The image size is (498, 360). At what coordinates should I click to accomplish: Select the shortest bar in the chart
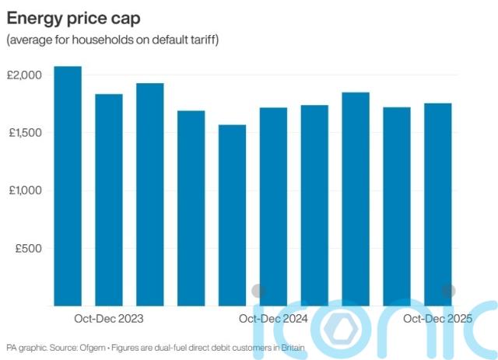(232, 215)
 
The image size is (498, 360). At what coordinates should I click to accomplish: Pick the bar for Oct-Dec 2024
(273, 206)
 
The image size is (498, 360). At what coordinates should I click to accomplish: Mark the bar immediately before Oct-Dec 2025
(396, 206)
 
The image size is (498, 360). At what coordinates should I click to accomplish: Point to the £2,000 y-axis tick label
(25, 75)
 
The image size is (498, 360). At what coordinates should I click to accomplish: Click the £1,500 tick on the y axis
(25, 133)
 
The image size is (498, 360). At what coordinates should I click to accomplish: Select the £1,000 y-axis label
(25, 190)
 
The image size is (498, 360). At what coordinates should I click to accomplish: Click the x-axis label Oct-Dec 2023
(109, 319)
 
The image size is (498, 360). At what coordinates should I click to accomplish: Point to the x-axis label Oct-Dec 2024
(273, 319)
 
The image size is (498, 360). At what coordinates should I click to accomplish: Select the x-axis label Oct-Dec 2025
(438, 319)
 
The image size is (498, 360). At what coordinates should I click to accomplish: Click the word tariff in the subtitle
(198, 40)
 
